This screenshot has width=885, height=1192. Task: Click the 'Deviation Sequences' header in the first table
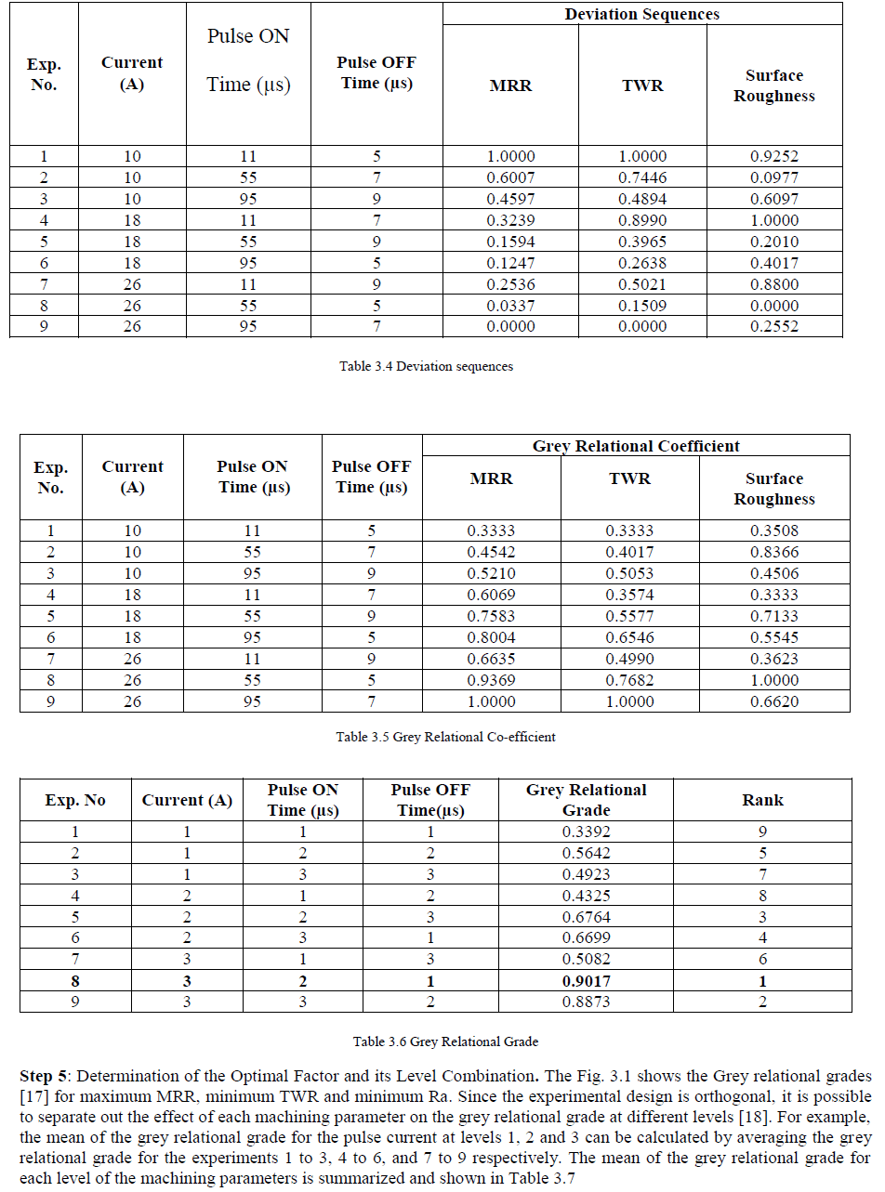pos(641,14)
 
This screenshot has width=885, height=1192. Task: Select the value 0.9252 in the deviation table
pos(773,156)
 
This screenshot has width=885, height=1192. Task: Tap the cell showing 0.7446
pos(642,177)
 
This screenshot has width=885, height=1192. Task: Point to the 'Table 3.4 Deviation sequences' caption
pos(426,366)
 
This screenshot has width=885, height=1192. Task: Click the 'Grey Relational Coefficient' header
pos(636,446)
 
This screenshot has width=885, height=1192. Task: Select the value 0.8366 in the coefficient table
pos(773,552)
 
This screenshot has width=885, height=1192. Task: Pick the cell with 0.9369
pos(491,680)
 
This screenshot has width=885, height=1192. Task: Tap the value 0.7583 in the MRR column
pos(491,616)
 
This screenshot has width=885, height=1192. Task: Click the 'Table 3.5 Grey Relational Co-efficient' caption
pos(445,737)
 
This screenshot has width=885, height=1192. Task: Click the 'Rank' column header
pos(762,800)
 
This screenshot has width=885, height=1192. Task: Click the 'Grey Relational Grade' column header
pos(586,800)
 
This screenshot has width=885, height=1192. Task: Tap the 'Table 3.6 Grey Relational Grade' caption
pos(445,1041)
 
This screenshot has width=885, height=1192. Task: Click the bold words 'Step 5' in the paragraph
pos(43,1077)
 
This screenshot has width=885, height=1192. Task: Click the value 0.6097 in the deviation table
pos(773,199)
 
